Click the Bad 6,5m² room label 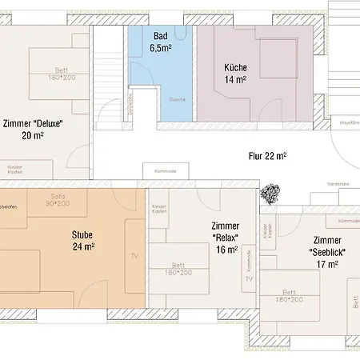pos(161,42)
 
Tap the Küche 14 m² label pos(235,74)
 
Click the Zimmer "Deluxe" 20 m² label pos(33,129)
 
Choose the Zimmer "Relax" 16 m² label pos(226,238)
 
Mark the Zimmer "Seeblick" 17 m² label pos(327,250)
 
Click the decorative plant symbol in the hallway pos(270,194)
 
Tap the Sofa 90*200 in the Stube pos(58,200)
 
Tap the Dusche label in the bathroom pos(178,99)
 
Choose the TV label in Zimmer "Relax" pos(249,279)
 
